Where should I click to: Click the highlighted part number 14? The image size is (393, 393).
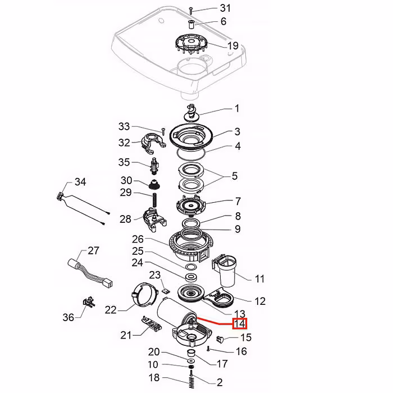coord(240,324)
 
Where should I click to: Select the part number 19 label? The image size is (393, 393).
coord(233,45)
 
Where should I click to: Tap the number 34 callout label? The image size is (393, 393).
coord(80,182)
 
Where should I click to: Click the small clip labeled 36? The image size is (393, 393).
coord(87,303)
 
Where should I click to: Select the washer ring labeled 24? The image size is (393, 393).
coord(190,277)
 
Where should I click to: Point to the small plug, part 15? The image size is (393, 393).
coord(220,339)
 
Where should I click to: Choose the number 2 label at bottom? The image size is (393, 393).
coord(219,382)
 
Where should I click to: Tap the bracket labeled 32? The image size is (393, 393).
coord(152,141)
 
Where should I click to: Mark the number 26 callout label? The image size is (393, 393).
coord(138,239)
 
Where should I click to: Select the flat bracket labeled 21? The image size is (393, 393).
coord(150,324)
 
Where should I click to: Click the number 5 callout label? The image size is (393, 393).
coord(234,176)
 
